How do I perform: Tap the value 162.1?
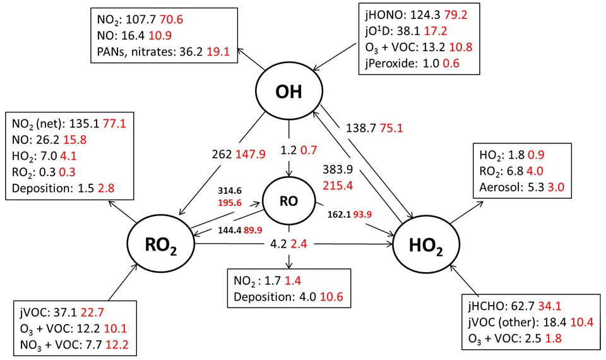pos(342,214)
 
